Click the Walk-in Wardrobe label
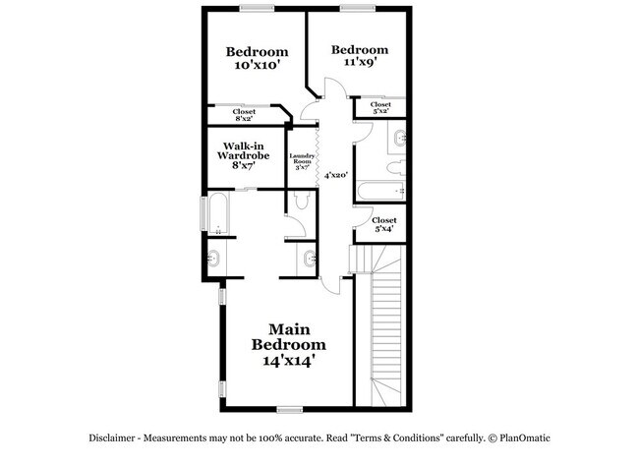coord(244,155)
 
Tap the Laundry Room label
coord(302,162)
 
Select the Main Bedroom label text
coord(288,337)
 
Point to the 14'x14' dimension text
coord(288,361)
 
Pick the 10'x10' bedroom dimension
coord(257,66)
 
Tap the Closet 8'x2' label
coord(244,114)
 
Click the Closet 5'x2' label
coord(380,107)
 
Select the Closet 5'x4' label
coord(383,224)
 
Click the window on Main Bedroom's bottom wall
coord(289,408)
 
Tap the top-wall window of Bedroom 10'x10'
coord(256,9)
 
